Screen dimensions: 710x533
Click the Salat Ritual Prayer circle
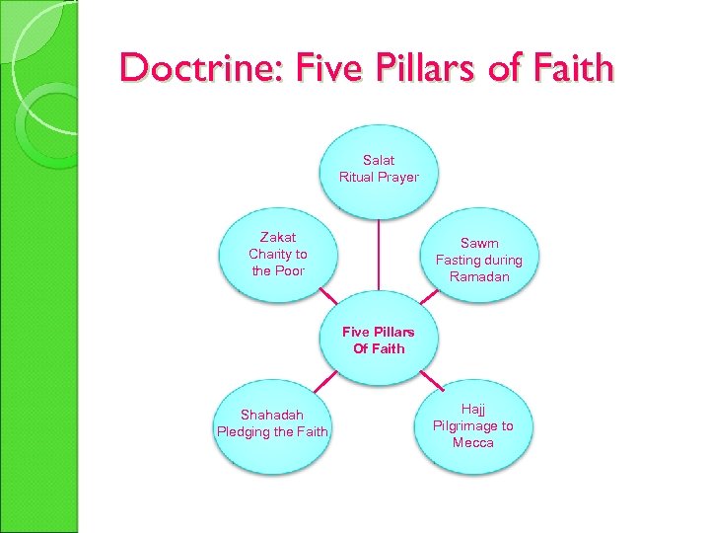(379, 169)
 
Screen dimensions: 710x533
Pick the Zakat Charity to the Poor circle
(277, 254)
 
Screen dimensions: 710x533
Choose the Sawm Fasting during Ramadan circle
(479, 259)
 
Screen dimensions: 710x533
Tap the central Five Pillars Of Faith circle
(379, 340)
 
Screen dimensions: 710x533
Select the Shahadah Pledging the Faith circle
(272, 422)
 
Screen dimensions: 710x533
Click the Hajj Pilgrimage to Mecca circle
(473, 425)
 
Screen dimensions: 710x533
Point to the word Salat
(379, 160)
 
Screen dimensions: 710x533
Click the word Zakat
(277, 237)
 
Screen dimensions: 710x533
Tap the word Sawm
(479, 243)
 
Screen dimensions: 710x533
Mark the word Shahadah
(272, 415)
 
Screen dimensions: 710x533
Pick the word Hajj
(473, 409)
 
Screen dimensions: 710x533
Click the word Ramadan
(479, 276)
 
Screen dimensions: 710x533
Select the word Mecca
(473, 442)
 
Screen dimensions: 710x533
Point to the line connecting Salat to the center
(379, 254)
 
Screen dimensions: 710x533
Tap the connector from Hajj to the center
(430, 381)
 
